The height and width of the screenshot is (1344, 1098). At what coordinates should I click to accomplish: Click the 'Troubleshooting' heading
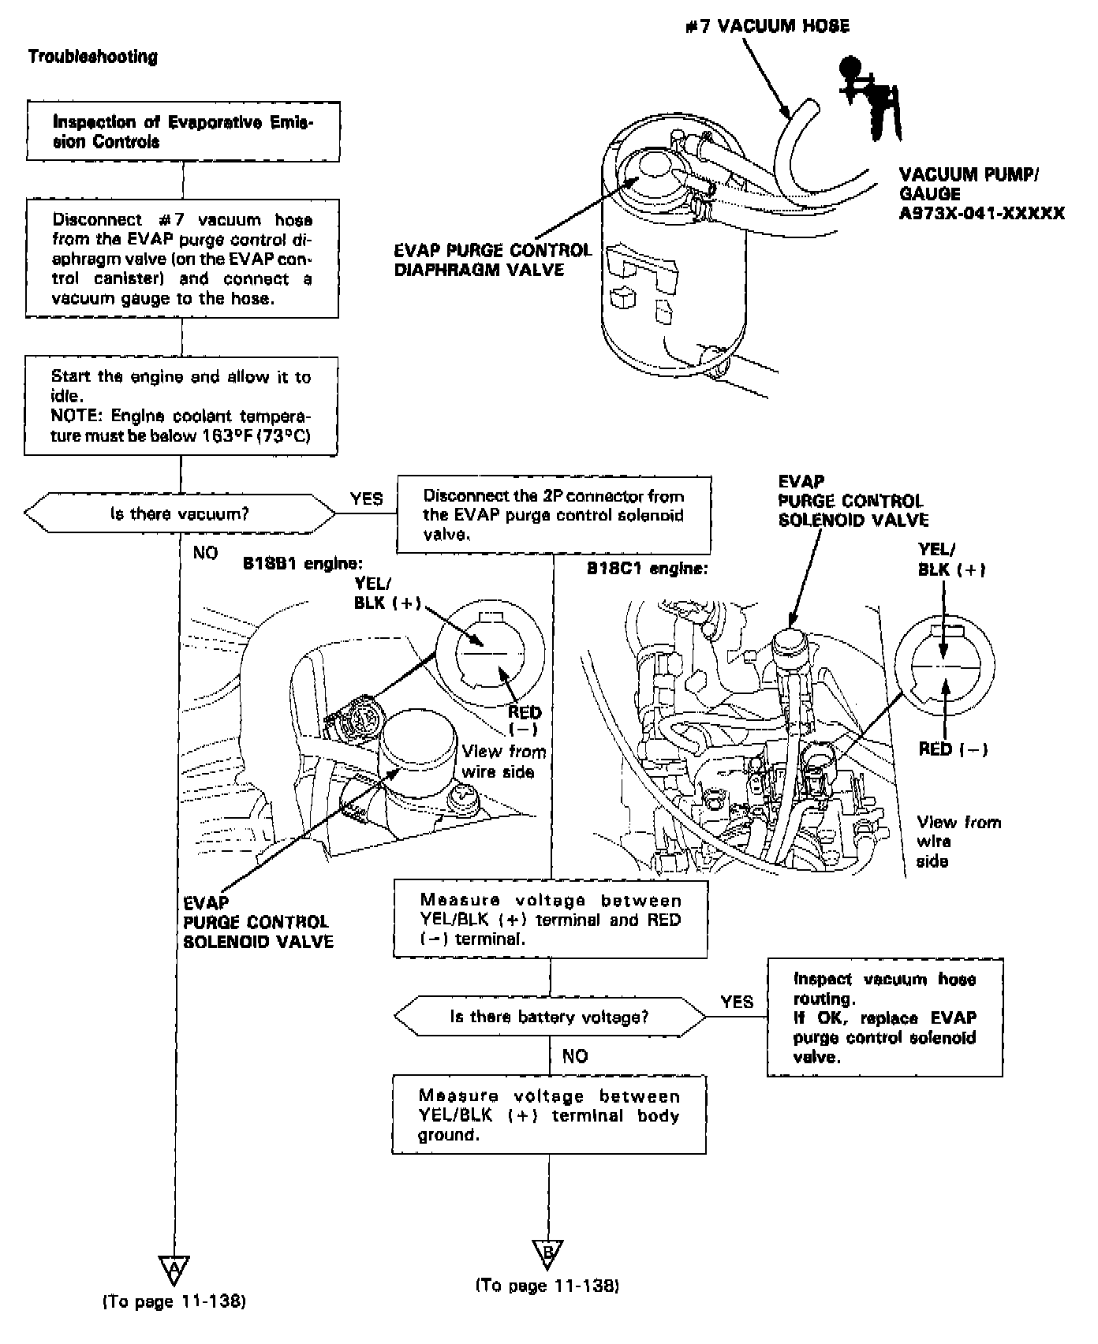92,57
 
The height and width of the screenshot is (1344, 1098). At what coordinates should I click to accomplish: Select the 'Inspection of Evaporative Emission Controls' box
183,132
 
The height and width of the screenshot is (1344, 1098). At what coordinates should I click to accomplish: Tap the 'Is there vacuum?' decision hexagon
180,514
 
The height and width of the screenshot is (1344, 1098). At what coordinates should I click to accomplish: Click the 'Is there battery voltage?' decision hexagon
550,1017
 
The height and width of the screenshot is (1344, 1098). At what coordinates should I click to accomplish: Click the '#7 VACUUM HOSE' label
767,27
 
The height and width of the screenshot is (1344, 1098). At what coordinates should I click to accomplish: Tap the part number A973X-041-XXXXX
981,213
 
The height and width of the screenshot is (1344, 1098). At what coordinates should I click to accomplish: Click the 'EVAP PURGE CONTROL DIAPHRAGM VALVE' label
492,260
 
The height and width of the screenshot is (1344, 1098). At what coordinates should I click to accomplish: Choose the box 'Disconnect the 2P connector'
554,515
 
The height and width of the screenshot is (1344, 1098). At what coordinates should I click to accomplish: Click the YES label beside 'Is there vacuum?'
367,498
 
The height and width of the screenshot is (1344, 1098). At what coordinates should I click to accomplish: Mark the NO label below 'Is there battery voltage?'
575,1056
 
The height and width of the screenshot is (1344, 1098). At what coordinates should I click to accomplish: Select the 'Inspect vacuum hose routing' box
884,1017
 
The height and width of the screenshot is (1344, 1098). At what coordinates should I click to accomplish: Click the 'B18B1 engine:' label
303,565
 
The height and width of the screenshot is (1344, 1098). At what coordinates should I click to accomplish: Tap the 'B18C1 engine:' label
647,568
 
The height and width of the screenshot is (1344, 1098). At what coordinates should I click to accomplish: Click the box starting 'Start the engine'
181,406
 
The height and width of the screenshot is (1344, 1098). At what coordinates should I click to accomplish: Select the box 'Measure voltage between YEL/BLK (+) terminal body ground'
549,1115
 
